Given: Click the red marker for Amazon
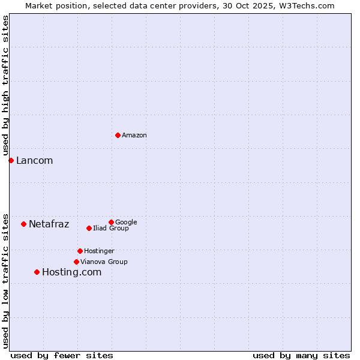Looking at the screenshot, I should [118, 135].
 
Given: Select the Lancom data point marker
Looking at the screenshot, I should [11, 160].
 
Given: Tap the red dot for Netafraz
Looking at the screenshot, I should [23, 224].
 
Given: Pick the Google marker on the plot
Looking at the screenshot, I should [111, 222].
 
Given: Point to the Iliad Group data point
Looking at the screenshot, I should [89, 228].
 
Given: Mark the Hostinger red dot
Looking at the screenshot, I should [80, 251].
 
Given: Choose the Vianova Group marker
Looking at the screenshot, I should [76, 262].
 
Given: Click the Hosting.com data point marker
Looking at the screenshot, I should [37, 272].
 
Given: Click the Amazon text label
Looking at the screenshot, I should [134, 136].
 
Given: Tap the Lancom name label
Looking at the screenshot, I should [34, 161].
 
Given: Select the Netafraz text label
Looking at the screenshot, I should [49, 224].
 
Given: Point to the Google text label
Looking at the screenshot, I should [126, 222].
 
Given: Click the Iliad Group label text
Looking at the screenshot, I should [111, 229].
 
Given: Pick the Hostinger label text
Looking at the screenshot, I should [99, 251].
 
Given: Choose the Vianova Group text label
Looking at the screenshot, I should [104, 262].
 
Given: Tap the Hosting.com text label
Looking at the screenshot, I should [71, 272].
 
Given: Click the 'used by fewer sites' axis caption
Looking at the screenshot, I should [62, 355].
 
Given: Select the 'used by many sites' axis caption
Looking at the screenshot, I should [301, 355].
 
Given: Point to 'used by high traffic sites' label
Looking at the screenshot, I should [5, 85].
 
